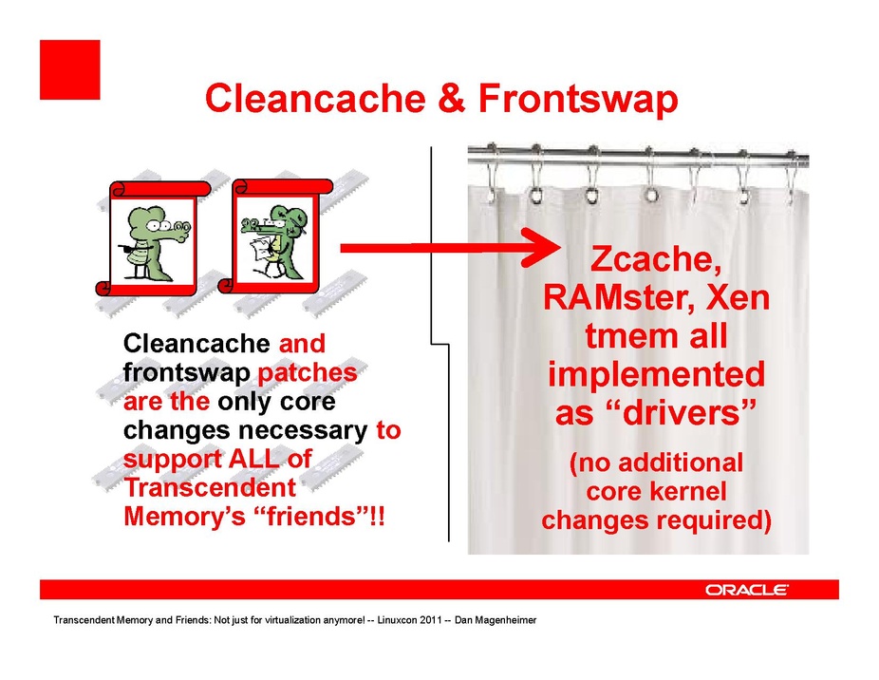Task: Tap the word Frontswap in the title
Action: point(578,100)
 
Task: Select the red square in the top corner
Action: point(70,69)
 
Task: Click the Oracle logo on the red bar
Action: point(747,590)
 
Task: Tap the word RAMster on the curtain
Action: point(620,297)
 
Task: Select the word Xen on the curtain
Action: point(738,297)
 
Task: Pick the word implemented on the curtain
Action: point(657,375)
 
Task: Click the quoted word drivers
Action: point(656,412)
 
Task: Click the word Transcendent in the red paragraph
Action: point(210,487)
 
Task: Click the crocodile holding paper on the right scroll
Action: point(275,242)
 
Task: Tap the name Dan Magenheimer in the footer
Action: point(496,620)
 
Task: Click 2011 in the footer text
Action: point(431,620)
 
